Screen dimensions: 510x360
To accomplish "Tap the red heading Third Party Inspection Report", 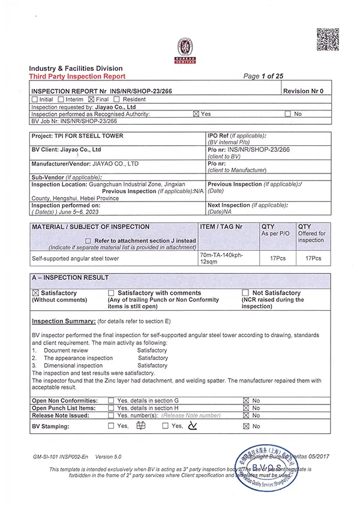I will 77,76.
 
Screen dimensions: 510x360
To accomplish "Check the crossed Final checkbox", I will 91,99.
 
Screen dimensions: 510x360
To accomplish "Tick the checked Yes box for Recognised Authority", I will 196,113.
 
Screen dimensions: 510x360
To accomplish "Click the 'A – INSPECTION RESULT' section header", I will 70,278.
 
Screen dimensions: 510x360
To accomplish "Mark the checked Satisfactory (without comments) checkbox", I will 35,293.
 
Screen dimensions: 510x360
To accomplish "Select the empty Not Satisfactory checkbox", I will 245,293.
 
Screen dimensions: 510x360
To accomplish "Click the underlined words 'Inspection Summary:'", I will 63,321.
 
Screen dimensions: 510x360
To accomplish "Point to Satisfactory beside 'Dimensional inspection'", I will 152,365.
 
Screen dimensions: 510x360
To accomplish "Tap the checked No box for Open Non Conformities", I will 246,400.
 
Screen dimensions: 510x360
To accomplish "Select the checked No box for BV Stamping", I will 246,426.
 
